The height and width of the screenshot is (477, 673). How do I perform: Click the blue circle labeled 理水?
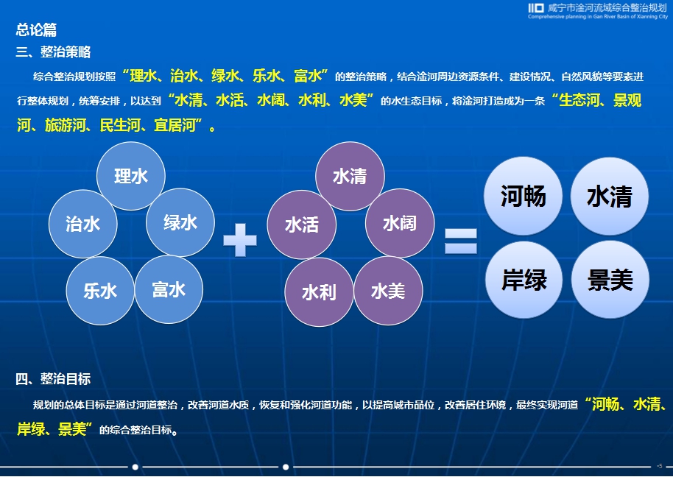131,176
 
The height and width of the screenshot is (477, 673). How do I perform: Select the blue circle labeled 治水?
83,224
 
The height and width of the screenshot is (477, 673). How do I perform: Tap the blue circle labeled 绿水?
180,222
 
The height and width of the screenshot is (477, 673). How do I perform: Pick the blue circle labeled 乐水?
100,291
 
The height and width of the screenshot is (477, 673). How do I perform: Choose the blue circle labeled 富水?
169,289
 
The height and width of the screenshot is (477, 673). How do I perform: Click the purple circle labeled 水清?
350,176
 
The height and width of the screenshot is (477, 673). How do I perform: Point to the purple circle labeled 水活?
302,225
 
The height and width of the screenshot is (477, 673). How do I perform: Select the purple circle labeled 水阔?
400,223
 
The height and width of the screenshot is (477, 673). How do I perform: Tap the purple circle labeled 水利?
320,292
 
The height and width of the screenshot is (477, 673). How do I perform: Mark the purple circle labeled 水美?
388,291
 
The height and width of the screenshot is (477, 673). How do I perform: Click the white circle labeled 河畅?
524,196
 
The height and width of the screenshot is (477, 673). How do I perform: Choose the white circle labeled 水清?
610,196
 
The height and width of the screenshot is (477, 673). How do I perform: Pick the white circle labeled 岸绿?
524,280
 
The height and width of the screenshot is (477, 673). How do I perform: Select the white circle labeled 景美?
610,280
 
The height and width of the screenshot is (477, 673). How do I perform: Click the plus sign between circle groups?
240,240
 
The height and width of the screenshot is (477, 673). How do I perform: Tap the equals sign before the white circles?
460,241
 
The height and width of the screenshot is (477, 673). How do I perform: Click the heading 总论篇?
37,29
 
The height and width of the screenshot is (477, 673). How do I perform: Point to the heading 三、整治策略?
53,52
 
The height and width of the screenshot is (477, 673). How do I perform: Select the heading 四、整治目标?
53,379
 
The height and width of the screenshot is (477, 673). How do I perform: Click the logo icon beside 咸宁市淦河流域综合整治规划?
536,7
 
